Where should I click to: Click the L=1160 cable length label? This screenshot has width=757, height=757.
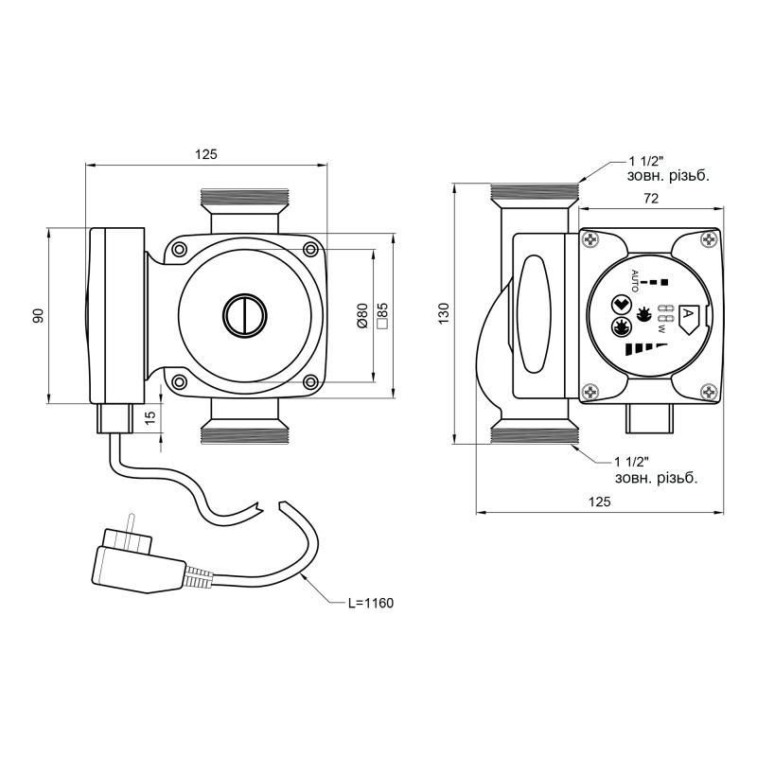[x=371, y=603]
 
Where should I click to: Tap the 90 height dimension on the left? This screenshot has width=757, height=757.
[x=39, y=316]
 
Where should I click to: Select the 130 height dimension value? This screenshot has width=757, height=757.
[x=444, y=313]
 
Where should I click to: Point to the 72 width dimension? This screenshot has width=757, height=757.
[x=651, y=199]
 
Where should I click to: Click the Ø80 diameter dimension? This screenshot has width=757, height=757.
[x=362, y=316]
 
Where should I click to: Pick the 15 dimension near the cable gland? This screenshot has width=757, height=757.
[x=150, y=417]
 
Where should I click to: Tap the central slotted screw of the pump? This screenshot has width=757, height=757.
[x=245, y=315]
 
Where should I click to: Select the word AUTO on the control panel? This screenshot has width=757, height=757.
[x=635, y=281]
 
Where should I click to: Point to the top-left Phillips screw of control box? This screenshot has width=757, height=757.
[x=590, y=239]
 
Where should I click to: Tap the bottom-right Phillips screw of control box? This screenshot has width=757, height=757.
[x=709, y=392]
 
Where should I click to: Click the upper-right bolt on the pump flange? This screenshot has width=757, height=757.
[x=310, y=249]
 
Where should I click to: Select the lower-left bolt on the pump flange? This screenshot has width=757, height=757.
[x=180, y=382]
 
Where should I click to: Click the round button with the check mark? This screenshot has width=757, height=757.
[x=622, y=305]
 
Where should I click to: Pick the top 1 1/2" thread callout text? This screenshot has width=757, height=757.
[x=668, y=168]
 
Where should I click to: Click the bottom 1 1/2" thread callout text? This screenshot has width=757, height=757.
[x=656, y=470]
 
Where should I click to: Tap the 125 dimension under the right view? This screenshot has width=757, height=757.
[x=600, y=502]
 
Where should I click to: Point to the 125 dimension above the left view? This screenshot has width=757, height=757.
[x=206, y=154]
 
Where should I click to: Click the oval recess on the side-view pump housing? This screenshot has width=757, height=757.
[x=534, y=314]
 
